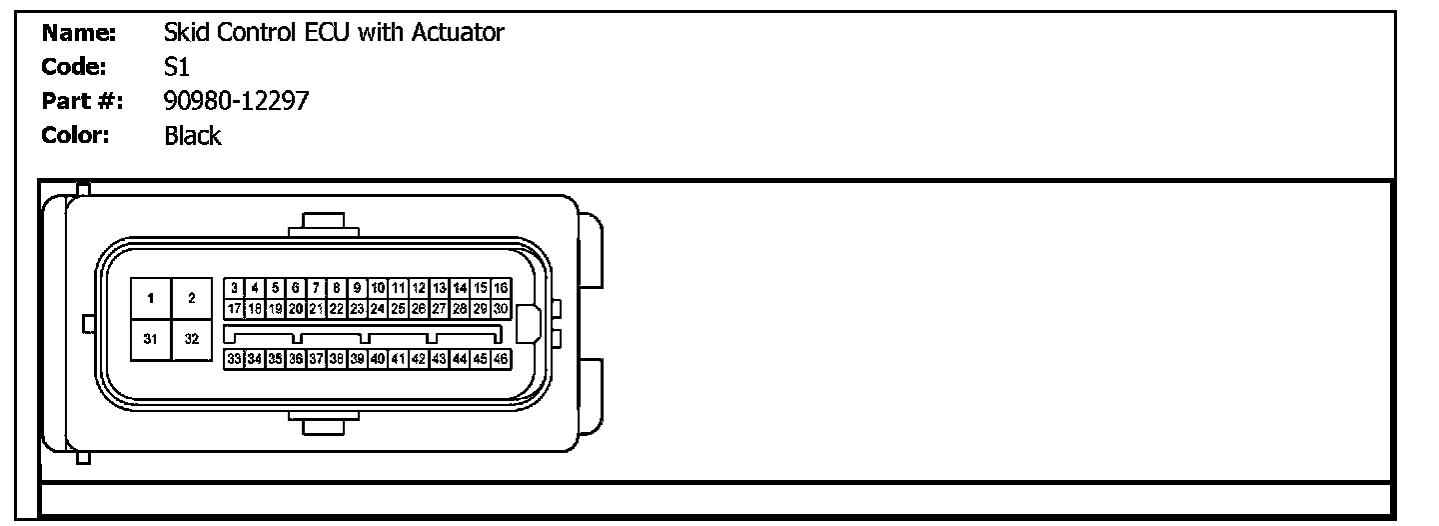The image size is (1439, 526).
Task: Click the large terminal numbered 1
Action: click(150, 298)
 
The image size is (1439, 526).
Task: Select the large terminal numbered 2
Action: click(191, 298)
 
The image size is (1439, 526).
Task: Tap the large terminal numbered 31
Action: click(150, 339)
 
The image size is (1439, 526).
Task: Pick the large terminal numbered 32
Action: click(191, 339)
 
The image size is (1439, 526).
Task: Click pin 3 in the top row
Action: click(233, 288)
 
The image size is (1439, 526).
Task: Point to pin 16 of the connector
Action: click(502, 288)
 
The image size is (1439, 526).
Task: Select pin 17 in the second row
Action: click(233, 308)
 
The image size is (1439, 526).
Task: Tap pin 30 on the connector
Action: click(502, 308)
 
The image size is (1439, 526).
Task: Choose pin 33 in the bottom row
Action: click(233, 358)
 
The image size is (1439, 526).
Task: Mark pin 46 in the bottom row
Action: click(502, 358)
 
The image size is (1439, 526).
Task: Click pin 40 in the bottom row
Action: click(378, 358)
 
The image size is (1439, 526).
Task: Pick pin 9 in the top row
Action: click(357, 288)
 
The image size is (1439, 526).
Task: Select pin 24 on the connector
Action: click(378, 308)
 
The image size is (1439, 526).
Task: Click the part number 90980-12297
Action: click(236, 101)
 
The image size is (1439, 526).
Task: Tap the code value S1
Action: click(177, 67)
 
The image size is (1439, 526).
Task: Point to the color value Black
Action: click(192, 135)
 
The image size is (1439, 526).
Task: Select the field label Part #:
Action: click(82, 101)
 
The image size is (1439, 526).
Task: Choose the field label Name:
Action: click(80, 33)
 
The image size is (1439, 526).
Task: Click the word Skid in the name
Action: click(183, 33)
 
